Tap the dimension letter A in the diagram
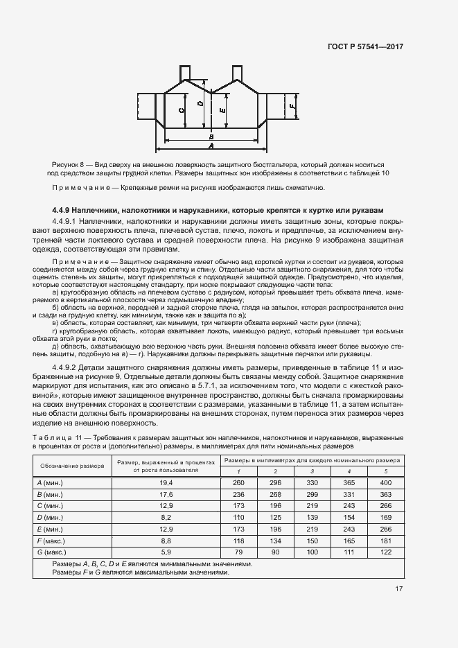[211, 146]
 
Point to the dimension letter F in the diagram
[294, 107]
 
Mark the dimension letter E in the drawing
[222, 110]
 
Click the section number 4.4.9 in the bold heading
[63, 209]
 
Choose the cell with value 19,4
[166, 482]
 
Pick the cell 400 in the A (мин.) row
[386, 482]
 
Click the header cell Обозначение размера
[72, 465]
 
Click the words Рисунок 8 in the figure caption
[67, 164]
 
